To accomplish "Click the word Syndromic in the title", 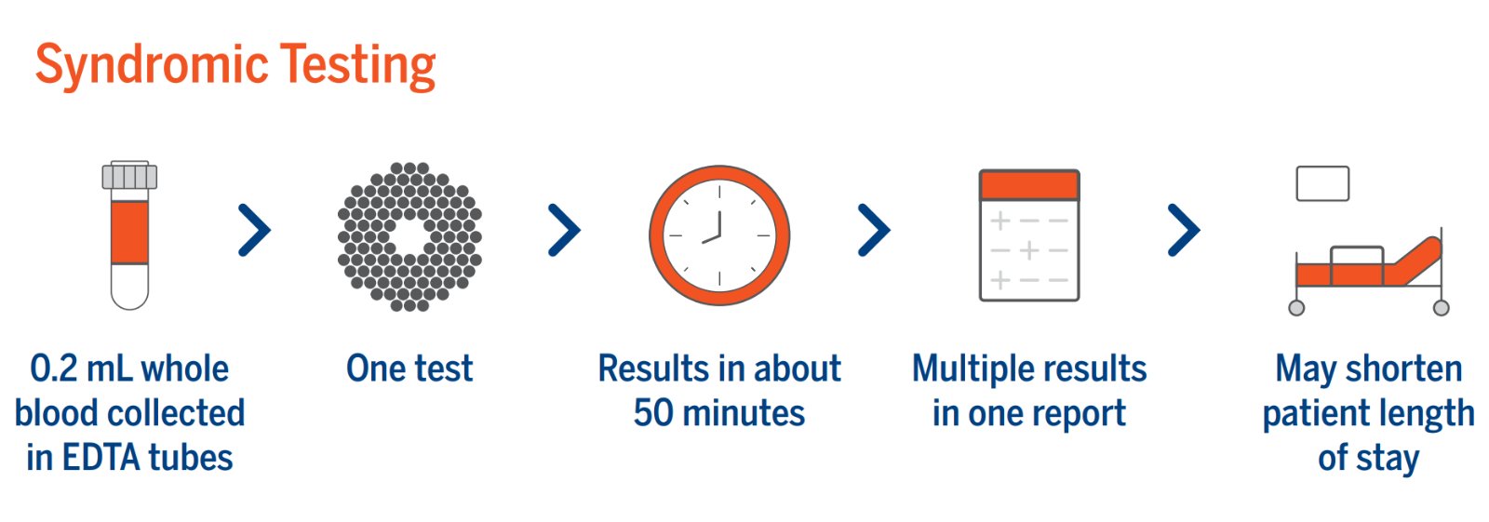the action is (152, 65).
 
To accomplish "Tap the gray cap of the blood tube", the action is (129, 175).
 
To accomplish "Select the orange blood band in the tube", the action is (129, 232).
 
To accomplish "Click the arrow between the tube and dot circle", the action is (255, 230).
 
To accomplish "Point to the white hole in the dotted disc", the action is (409, 236).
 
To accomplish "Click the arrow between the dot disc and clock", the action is (564, 230).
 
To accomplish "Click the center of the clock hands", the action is (719, 235).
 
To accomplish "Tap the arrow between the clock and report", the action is (874, 230).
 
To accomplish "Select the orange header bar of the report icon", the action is (1029, 185).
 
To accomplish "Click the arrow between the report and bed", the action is (1184, 230).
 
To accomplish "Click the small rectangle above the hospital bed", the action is (1322, 183).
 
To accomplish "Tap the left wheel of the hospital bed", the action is (1296, 308).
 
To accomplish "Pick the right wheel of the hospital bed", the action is (1442, 308).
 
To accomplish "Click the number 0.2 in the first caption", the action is (54, 369).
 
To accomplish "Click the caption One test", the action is (409, 368).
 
